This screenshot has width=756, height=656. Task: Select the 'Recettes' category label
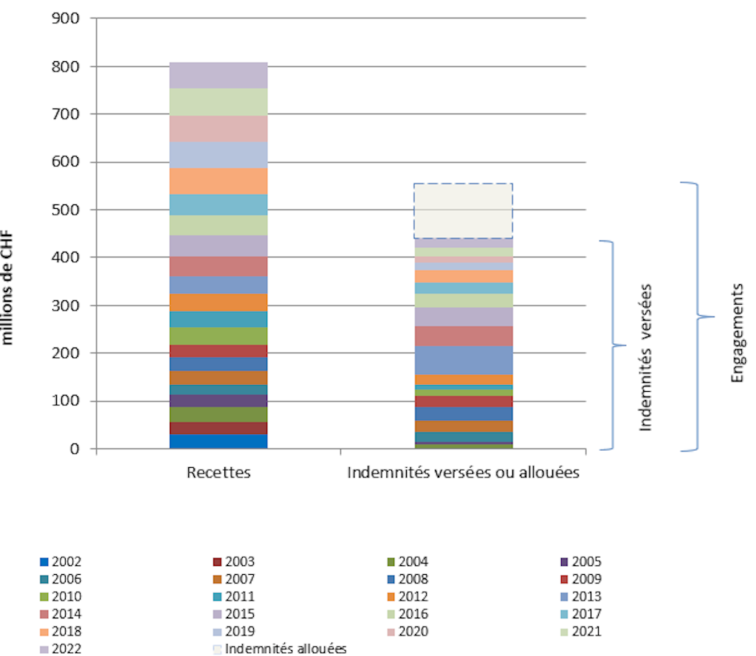click(x=219, y=472)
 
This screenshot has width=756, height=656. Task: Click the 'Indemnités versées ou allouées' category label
click(x=463, y=472)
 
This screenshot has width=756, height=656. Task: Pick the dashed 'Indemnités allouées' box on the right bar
click(x=463, y=211)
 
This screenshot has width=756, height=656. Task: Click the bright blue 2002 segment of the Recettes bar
click(x=219, y=441)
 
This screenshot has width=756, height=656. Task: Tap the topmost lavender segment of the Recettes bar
click(x=219, y=75)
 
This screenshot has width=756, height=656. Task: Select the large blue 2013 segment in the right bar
click(x=463, y=360)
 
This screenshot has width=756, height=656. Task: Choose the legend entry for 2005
click(x=581, y=562)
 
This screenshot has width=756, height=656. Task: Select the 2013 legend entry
click(x=581, y=597)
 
